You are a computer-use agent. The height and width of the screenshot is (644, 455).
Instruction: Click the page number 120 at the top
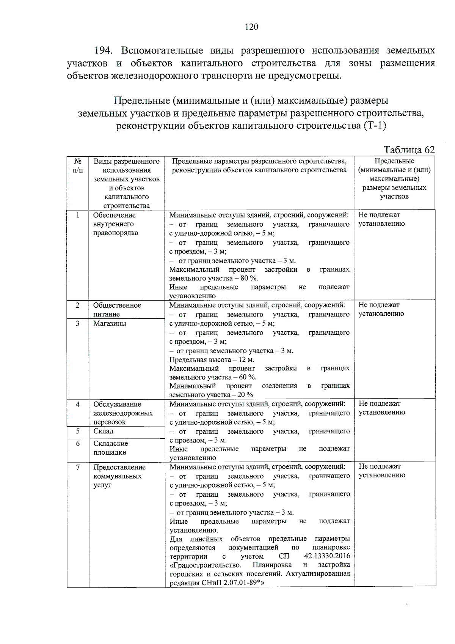tap(251, 27)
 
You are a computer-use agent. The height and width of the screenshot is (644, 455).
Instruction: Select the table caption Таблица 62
tap(409, 150)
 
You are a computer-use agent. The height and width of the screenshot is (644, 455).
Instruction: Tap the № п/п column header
tap(78, 166)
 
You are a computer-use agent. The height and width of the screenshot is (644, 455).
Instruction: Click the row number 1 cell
tap(78, 215)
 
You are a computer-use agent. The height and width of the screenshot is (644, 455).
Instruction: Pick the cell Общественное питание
tap(117, 310)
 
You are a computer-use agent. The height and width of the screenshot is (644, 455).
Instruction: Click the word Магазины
tap(110, 323)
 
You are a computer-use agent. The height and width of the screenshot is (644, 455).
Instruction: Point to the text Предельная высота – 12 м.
tap(212, 359)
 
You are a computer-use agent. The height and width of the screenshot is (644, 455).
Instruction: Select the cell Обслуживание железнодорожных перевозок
tap(123, 413)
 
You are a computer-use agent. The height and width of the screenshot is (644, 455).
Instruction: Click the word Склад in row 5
tap(104, 431)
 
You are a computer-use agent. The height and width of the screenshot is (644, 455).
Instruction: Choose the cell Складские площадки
tap(110, 448)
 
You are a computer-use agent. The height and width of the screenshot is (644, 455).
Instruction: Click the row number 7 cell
tap(78, 467)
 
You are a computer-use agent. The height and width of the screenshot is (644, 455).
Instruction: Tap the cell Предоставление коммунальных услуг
tap(119, 476)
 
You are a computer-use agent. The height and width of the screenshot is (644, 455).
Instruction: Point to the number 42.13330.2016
tap(327, 556)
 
